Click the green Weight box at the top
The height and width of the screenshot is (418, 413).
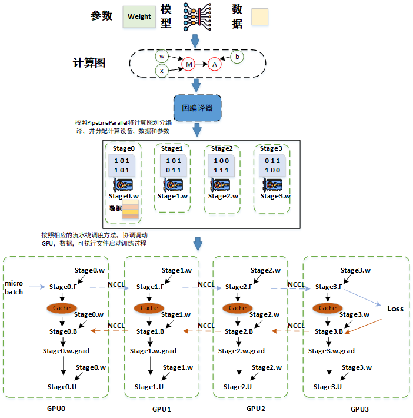click(x=139, y=17)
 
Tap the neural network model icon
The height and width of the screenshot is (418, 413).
click(x=196, y=17)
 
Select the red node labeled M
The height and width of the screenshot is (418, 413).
click(x=188, y=64)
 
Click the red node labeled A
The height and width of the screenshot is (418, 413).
click(x=215, y=64)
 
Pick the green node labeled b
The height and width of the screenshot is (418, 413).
click(x=237, y=57)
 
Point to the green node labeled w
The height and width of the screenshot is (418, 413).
click(x=162, y=56)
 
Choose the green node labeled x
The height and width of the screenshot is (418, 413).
click(x=162, y=71)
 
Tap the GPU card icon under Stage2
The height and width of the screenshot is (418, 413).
click(x=221, y=185)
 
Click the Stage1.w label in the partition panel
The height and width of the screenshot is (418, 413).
click(x=172, y=196)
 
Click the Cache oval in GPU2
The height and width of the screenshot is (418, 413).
click(x=237, y=307)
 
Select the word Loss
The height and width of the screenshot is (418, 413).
click(x=395, y=308)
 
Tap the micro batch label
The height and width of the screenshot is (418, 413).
click(x=14, y=287)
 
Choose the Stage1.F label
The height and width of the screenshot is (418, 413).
click(x=149, y=287)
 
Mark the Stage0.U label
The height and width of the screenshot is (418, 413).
click(x=62, y=387)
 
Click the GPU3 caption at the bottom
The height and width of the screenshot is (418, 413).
click(x=359, y=409)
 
